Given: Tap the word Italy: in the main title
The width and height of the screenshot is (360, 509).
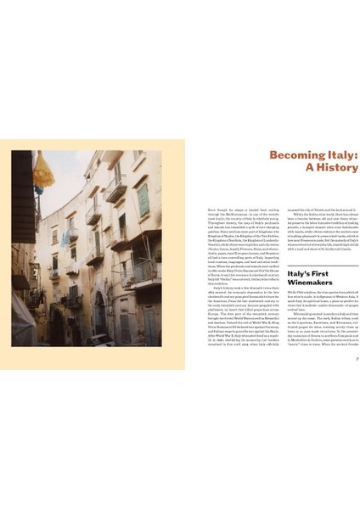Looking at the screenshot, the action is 339,155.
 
